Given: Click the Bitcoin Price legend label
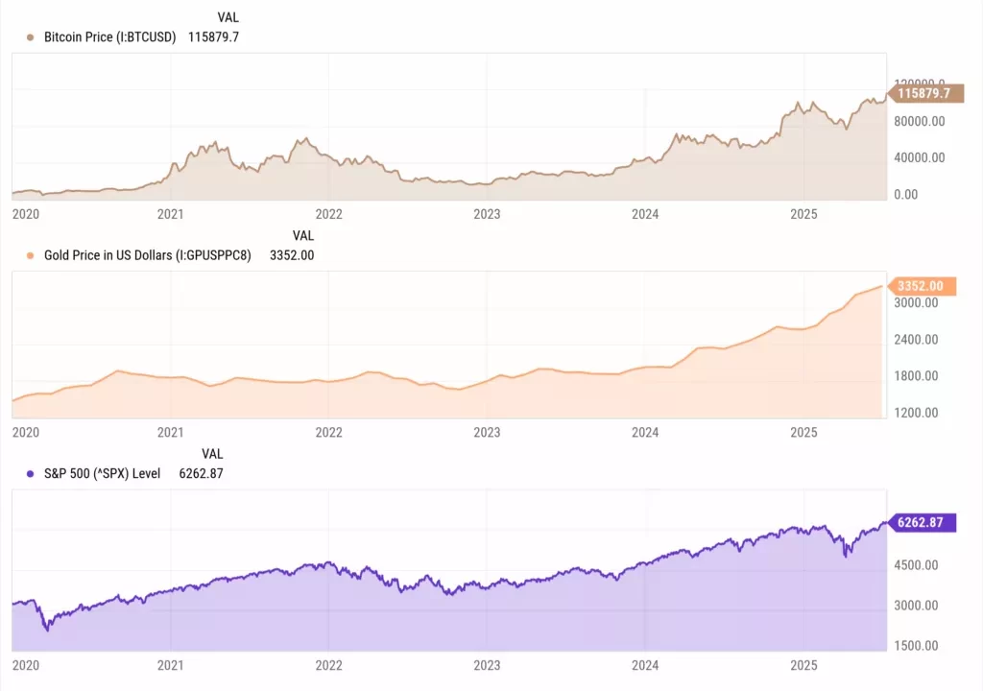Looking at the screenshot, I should [109, 37].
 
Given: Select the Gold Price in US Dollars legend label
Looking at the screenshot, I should [147, 255].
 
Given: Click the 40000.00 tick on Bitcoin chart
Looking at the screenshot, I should [920, 157].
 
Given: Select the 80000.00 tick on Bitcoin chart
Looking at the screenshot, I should [920, 121].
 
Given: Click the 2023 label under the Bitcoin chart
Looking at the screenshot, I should [487, 214].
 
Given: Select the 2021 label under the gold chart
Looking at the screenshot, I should [170, 432].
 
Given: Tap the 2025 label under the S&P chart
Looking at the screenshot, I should [803, 665].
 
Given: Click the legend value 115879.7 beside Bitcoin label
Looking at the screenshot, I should [214, 37].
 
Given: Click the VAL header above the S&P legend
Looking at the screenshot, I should [212, 454].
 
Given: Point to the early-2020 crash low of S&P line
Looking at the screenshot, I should [47, 629].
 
